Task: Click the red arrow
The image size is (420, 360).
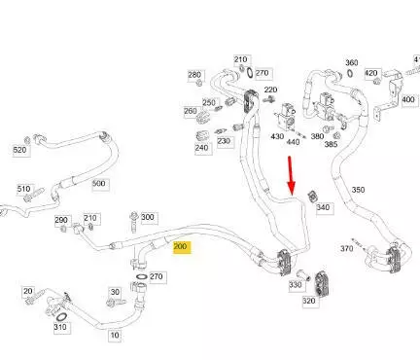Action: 291,176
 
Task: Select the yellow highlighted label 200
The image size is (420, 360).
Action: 182,247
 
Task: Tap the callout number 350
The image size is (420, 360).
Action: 358,190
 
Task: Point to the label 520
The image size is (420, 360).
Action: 21,150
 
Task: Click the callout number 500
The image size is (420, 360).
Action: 100,184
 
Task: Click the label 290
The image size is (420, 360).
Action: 62,220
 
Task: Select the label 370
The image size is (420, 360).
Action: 346,249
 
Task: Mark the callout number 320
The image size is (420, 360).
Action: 310,301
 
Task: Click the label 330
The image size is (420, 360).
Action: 297,285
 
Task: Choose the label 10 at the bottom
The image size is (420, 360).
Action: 115,336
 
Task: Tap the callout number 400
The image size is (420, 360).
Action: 408,99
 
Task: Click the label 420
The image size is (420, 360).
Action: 372,73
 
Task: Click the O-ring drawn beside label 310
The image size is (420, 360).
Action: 61,316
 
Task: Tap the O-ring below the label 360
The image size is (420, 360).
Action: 350,74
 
